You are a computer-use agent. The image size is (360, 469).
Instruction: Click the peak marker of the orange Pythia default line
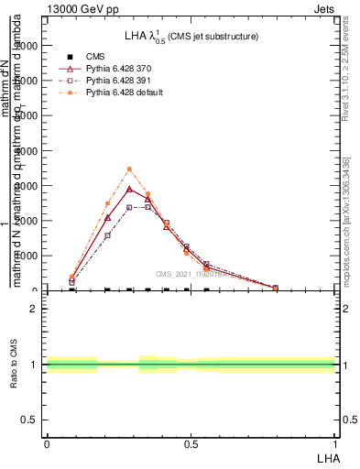[x=129, y=169]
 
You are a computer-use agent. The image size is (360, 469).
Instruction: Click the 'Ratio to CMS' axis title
[x=15, y=364]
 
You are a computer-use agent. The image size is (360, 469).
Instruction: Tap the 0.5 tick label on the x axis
[x=191, y=443]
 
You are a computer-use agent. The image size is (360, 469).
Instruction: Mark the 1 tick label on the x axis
[x=334, y=443]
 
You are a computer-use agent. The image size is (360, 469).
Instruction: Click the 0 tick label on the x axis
[x=47, y=443]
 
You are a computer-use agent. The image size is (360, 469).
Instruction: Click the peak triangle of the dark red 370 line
[x=129, y=190]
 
